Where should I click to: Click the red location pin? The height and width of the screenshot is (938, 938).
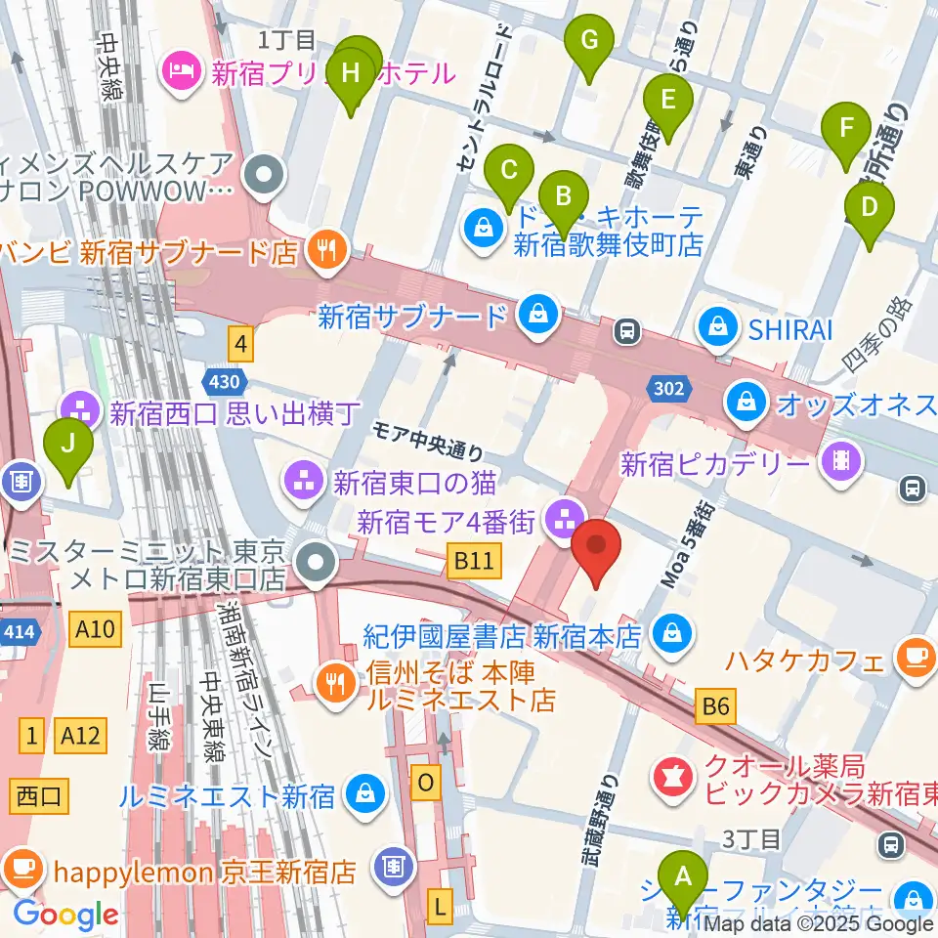click(x=597, y=550)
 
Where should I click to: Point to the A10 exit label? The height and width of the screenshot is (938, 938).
click(x=98, y=632)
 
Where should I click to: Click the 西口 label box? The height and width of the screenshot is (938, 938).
click(x=40, y=795)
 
